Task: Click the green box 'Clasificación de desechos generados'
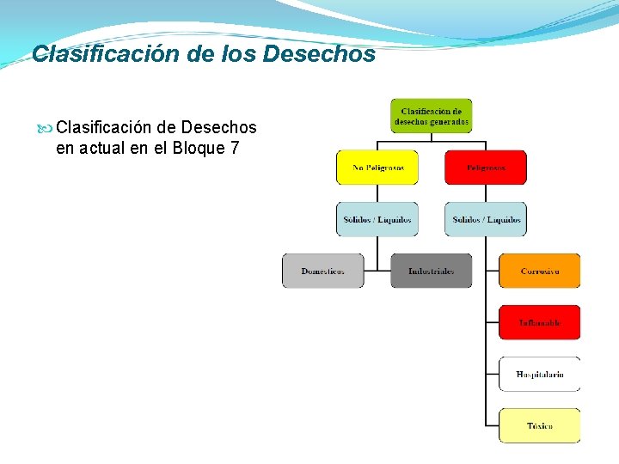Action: pyautogui.click(x=432, y=116)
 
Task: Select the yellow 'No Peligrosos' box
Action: pyautogui.click(x=377, y=168)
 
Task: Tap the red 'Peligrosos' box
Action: pyautogui.click(x=486, y=168)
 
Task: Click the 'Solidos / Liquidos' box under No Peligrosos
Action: pyautogui.click(x=377, y=219)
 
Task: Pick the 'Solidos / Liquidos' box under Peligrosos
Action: pyautogui.click(x=486, y=219)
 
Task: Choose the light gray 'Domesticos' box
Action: pyautogui.click(x=323, y=271)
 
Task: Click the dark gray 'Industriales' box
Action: pyautogui.click(x=432, y=271)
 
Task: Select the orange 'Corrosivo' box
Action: pyautogui.click(x=540, y=271)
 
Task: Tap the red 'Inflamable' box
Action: pyautogui.click(x=540, y=322)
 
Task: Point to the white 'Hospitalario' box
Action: pyautogui.click(x=540, y=374)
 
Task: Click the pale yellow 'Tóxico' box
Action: pyautogui.click(x=540, y=425)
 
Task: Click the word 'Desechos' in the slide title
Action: pyautogui.click(x=319, y=54)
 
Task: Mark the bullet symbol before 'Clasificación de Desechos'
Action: pyautogui.click(x=46, y=128)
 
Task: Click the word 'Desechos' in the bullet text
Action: pyautogui.click(x=218, y=128)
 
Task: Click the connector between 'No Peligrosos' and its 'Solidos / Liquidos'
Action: pyautogui.click(x=377, y=193)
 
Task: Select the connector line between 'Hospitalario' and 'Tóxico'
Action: pyautogui.click(x=487, y=400)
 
